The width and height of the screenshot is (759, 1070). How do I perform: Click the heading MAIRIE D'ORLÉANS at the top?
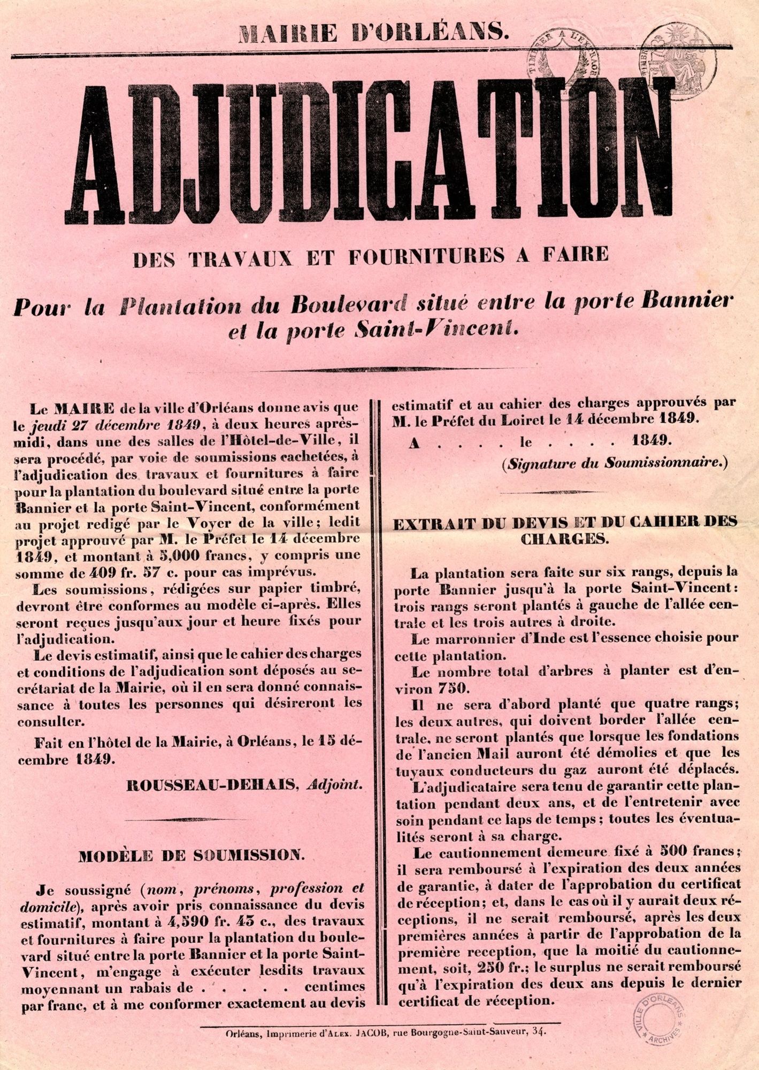pyautogui.click(x=372, y=34)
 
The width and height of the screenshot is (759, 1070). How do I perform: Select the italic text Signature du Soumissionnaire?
pyautogui.click(x=614, y=463)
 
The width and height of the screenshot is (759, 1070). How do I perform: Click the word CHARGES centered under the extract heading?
pyautogui.click(x=564, y=538)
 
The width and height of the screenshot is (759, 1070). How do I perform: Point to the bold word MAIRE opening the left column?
pyautogui.click(x=85, y=409)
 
